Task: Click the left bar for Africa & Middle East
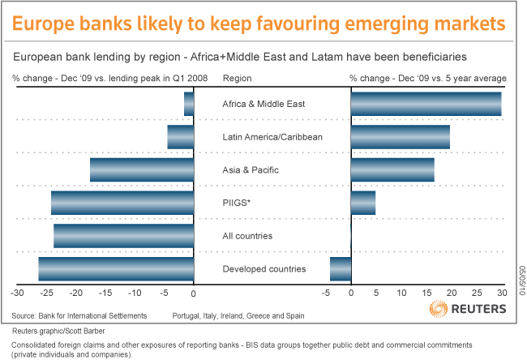tap(189, 104)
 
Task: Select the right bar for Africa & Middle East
tap(426, 104)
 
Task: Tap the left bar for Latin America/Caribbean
tap(181, 137)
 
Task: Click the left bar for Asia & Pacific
tap(142, 169)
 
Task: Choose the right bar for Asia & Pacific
tap(392, 169)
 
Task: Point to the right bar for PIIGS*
tap(363, 203)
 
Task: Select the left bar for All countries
tap(124, 236)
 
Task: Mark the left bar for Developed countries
tap(116, 268)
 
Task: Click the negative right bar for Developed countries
tap(341, 268)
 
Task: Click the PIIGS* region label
tap(236, 203)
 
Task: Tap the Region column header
tap(236, 79)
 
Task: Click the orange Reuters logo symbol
tap(438, 310)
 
